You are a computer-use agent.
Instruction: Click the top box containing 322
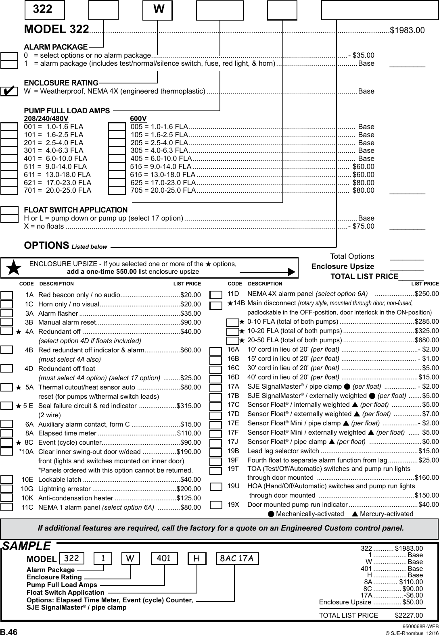(44, 10)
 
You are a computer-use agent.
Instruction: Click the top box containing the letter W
(158, 10)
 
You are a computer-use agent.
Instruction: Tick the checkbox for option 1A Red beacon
(7, 295)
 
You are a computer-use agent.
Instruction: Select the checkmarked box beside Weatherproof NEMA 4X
(9, 91)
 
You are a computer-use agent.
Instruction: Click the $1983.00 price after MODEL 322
(407, 30)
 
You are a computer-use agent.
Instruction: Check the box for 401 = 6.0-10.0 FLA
(9, 158)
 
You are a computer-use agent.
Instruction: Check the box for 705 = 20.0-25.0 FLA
(117, 190)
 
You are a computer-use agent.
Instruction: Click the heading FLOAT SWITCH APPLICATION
(76, 210)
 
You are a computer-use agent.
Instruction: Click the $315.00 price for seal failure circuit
(189, 406)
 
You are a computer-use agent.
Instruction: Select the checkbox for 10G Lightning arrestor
(7, 489)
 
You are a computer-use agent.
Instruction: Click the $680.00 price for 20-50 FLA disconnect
(426, 339)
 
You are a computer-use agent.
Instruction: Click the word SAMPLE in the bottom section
(27, 546)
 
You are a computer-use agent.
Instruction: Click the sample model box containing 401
(164, 559)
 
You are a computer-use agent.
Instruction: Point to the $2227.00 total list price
(409, 615)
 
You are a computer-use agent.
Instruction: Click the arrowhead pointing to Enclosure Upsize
(291, 272)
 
